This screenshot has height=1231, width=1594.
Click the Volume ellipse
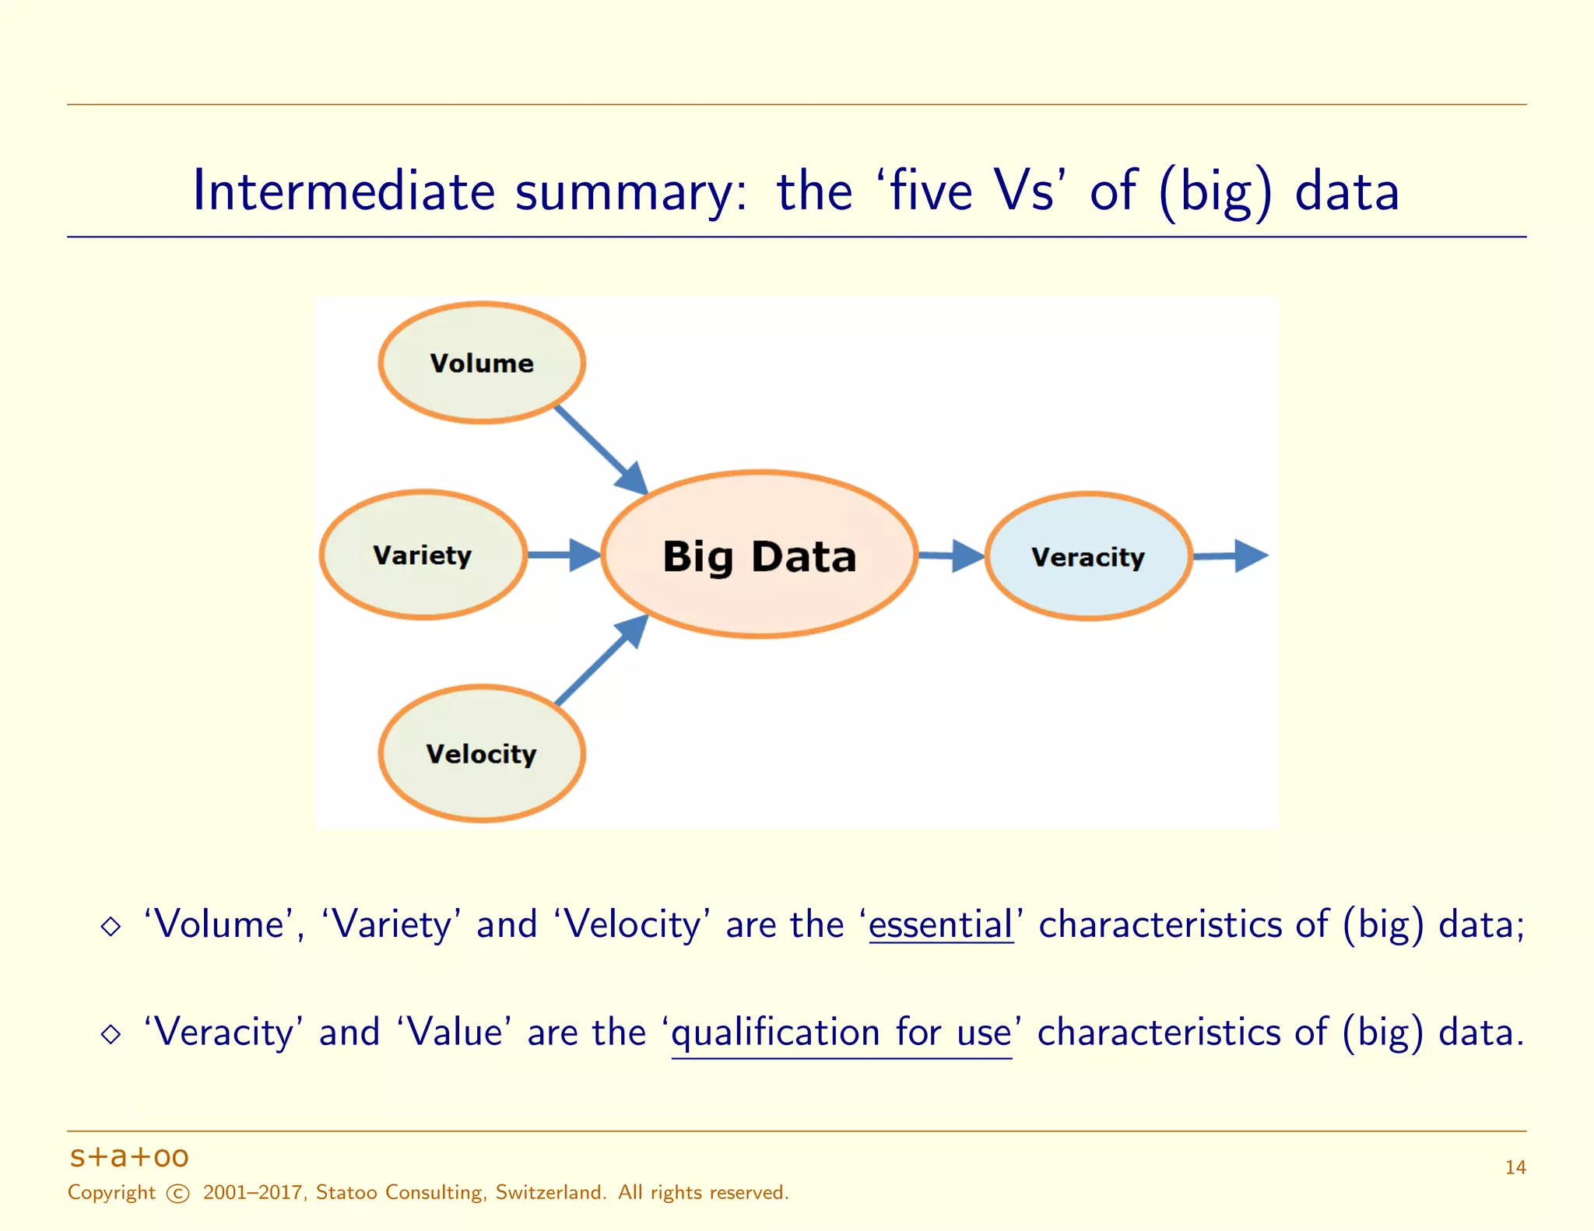click(x=482, y=363)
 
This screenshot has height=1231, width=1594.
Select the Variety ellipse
click(x=423, y=555)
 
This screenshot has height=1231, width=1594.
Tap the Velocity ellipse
click(x=482, y=753)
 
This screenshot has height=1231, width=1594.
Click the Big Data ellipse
click(x=760, y=555)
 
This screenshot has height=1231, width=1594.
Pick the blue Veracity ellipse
click(x=1088, y=556)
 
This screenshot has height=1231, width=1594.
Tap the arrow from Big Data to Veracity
click(x=950, y=556)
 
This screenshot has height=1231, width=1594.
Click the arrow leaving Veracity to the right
click(x=1230, y=556)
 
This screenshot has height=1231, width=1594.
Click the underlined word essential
click(x=940, y=925)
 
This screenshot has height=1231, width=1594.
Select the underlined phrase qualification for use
click(x=841, y=1033)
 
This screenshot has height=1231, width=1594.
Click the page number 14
click(x=1515, y=1167)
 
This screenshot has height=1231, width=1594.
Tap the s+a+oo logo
click(x=129, y=1157)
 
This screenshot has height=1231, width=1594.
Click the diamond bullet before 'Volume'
click(x=111, y=926)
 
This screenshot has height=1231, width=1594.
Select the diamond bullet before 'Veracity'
click(x=111, y=1034)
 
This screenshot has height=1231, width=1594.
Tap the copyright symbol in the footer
click(x=178, y=1193)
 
